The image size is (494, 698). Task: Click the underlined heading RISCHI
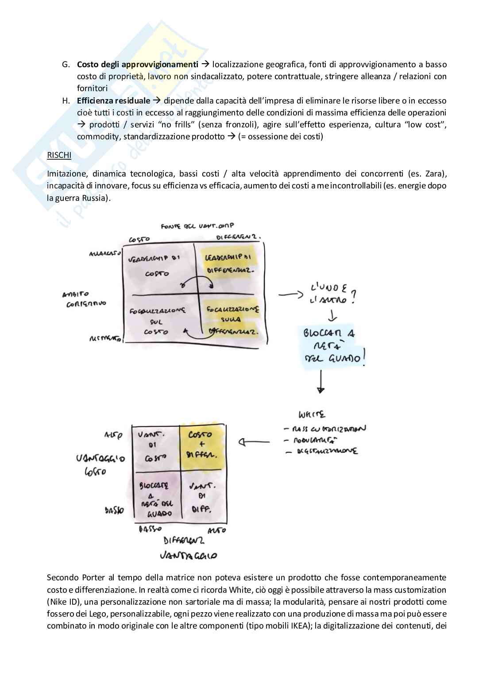pyautogui.click(x=59, y=155)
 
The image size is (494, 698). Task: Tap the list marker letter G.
pyautogui.click(x=66, y=65)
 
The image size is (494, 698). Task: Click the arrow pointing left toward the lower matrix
pyautogui.click(x=254, y=441)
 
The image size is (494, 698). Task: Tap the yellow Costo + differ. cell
pyautogui.click(x=201, y=445)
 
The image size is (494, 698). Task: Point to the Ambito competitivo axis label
pyautogui.click(x=83, y=299)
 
